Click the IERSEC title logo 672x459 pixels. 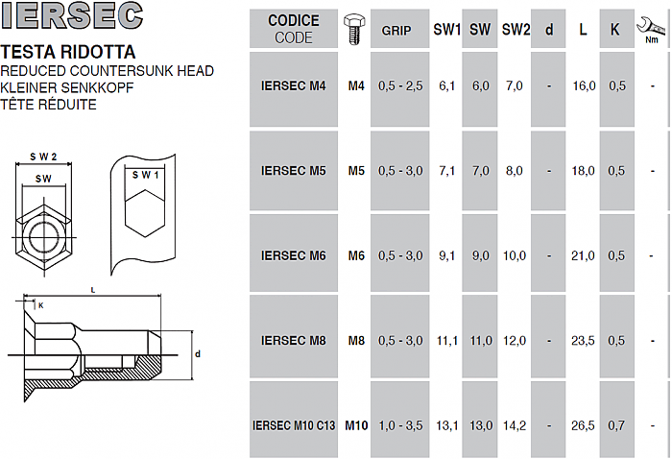[72, 15]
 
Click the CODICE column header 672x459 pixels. [294, 20]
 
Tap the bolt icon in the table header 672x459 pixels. [354, 29]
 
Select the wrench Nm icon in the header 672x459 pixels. [652, 30]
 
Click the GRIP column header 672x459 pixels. [396, 31]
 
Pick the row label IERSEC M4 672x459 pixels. [294, 85]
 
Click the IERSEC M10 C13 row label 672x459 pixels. [294, 425]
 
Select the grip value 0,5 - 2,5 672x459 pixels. [400, 85]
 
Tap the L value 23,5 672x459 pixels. [583, 341]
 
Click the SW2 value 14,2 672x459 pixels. [515, 425]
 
